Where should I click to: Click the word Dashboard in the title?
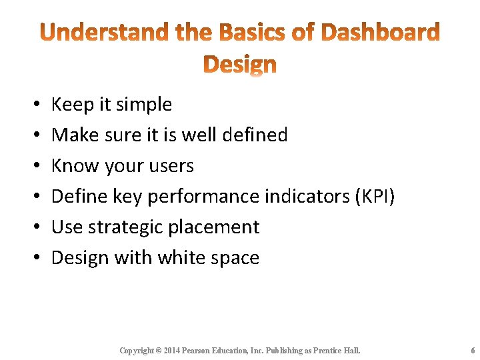(380, 32)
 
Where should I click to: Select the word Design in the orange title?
(239, 65)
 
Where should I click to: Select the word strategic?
(127, 227)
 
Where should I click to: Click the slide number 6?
(472, 351)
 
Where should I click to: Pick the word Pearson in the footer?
(203, 351)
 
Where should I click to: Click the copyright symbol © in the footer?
(158, 351)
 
